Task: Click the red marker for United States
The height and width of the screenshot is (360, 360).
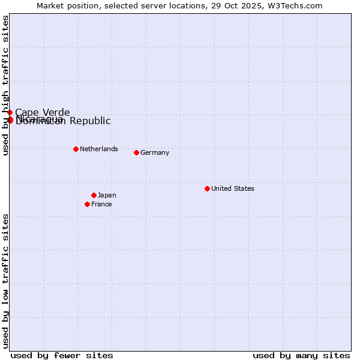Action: [x=207, y=188]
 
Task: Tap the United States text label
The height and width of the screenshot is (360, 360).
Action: [x=233, y=188]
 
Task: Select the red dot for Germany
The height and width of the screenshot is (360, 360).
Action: [x=136, y=152]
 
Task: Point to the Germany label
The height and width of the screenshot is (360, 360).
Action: [x=155, y=152]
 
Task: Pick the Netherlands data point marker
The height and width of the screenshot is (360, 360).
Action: [x=76, y=149]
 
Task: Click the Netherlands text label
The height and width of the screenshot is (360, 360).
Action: [x=99, y=149]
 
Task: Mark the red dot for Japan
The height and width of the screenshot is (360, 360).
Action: [x=94, y=195]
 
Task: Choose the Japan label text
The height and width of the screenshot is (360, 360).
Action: [x=107, y=195]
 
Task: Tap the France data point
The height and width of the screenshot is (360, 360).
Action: [x=87, y=204]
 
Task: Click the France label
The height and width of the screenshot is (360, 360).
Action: [x=101, y=204]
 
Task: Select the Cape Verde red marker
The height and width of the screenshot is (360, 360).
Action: [x=10, y=112]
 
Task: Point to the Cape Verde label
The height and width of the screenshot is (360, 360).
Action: [x=43, y=112]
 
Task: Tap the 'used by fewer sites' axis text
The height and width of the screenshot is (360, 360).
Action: [x=62, y=355]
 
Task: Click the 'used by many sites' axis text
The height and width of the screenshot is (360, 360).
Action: [x=301, y=355]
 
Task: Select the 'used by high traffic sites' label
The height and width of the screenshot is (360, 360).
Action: [x=5, y=86]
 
